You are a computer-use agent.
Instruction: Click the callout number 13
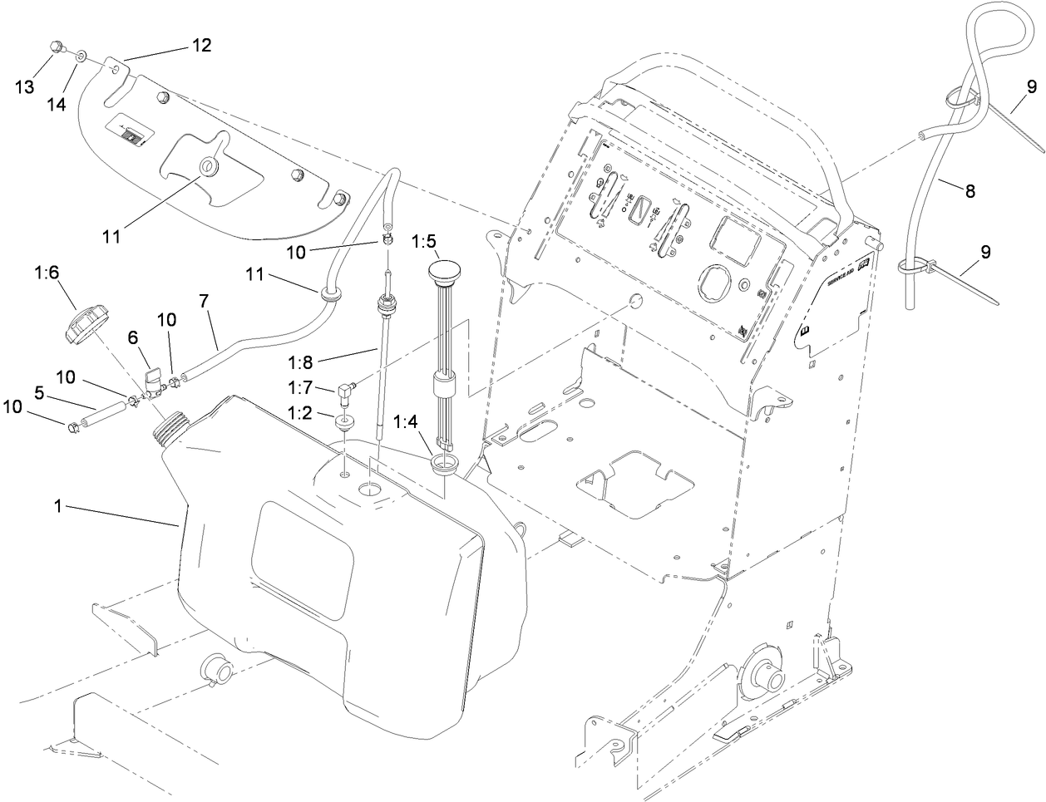click(x=26, y=87)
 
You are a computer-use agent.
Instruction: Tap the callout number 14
click(x=57, y=105)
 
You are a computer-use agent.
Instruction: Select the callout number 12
click(x=202, y=46)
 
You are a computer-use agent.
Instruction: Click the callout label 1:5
click(x=423, y=241)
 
